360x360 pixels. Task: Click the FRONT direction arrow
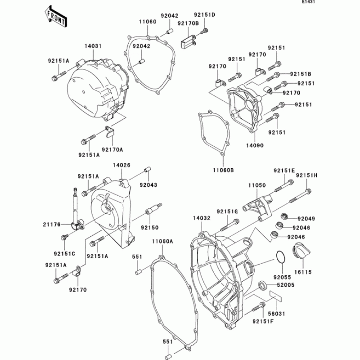coord(55,16)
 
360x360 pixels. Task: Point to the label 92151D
coord(205,15)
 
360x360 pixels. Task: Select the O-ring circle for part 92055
coord(280,257)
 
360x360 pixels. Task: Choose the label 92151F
coord(262,321)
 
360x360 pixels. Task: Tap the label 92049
coord(307,219)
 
